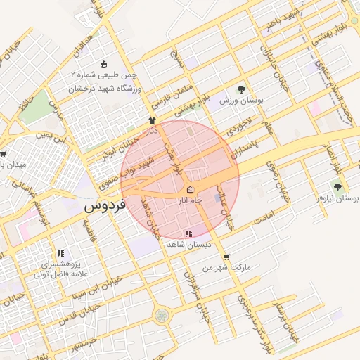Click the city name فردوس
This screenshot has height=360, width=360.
click(x=104, y=208)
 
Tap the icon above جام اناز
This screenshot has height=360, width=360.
click(x=191, y=190)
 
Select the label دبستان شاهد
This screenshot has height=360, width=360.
click(x=186, y=244)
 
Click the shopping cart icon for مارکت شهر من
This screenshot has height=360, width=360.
click(x=226, y=257)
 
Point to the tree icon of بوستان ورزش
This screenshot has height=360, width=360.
click(x=241, y=90)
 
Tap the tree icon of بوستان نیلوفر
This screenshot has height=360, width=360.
click(x=338, y=188)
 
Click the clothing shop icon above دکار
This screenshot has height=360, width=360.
click(x=151, y=120)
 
